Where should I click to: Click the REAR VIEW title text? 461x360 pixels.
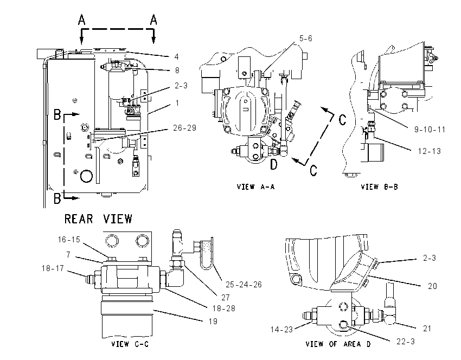coord(98,219)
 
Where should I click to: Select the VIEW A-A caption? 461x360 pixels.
coord(255,187)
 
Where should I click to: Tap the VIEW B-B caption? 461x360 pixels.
coord(379,187)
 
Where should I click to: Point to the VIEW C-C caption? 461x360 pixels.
coord(130,344)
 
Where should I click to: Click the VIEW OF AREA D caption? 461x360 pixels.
coord(338,344)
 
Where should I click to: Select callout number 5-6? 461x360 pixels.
coord(306,38)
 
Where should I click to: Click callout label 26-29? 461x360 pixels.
coord(184,128)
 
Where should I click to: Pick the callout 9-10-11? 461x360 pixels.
coord(430,130)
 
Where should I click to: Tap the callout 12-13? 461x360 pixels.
coord(430,151)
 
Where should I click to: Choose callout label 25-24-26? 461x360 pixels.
coord(244,285)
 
